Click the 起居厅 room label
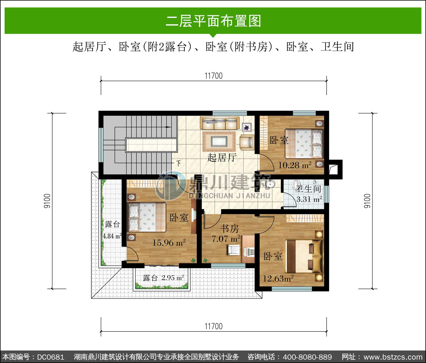[222, 158]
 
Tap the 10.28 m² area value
[295, 165]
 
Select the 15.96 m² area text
[169, 242]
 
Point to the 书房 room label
[229, 229]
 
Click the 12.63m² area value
[278, 279]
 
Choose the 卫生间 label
[308, 189]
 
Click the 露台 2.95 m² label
[163, 278]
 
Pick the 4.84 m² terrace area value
[112, 236]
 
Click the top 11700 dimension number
[214, 76]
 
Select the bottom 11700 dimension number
[214, 327]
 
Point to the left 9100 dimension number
[47, 201]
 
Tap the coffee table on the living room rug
[219, 142]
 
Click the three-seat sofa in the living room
[220, 123]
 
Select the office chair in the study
[234, 250]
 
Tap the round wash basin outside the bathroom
[270, 184]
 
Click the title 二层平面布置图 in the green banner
[213, 21]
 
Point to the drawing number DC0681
[51, 357]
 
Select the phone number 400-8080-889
[307, 357]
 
